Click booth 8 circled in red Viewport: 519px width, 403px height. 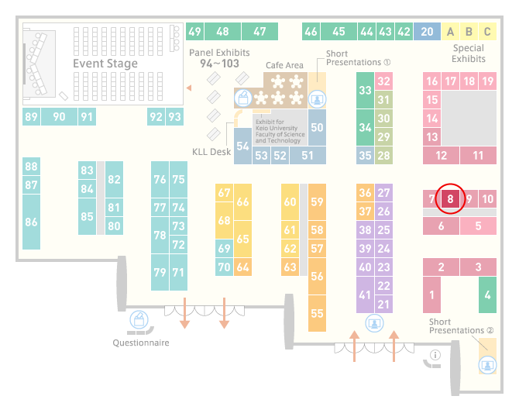click(450, 198)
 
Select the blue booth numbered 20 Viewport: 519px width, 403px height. click(427, 32)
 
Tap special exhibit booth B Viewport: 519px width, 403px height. click(469, 32)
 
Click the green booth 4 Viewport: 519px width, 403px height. click(487, 294)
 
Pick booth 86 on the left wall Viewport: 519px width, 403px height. click(32, 222)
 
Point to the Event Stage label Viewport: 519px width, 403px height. click(105, 64)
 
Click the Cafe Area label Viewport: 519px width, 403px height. click(284, 65)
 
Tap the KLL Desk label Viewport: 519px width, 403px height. click(211, 152)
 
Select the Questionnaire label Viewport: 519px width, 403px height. click(141, 343)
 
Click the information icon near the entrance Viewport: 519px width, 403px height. click(435, 355)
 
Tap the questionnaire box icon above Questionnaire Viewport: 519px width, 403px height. click(139, 320)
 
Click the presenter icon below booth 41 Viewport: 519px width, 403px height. click(374, 323)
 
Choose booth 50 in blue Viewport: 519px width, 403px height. click(317, 128)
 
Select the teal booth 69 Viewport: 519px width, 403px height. click(224, 248)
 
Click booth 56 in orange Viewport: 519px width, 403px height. click(317, 276)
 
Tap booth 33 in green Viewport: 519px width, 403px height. click(365, 90)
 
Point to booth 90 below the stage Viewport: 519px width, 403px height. click(59, 116)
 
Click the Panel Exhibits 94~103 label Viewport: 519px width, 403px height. click(219, 58)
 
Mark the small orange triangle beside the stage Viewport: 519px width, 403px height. click(189, 88)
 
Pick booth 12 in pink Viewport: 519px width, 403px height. click(442, 155)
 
